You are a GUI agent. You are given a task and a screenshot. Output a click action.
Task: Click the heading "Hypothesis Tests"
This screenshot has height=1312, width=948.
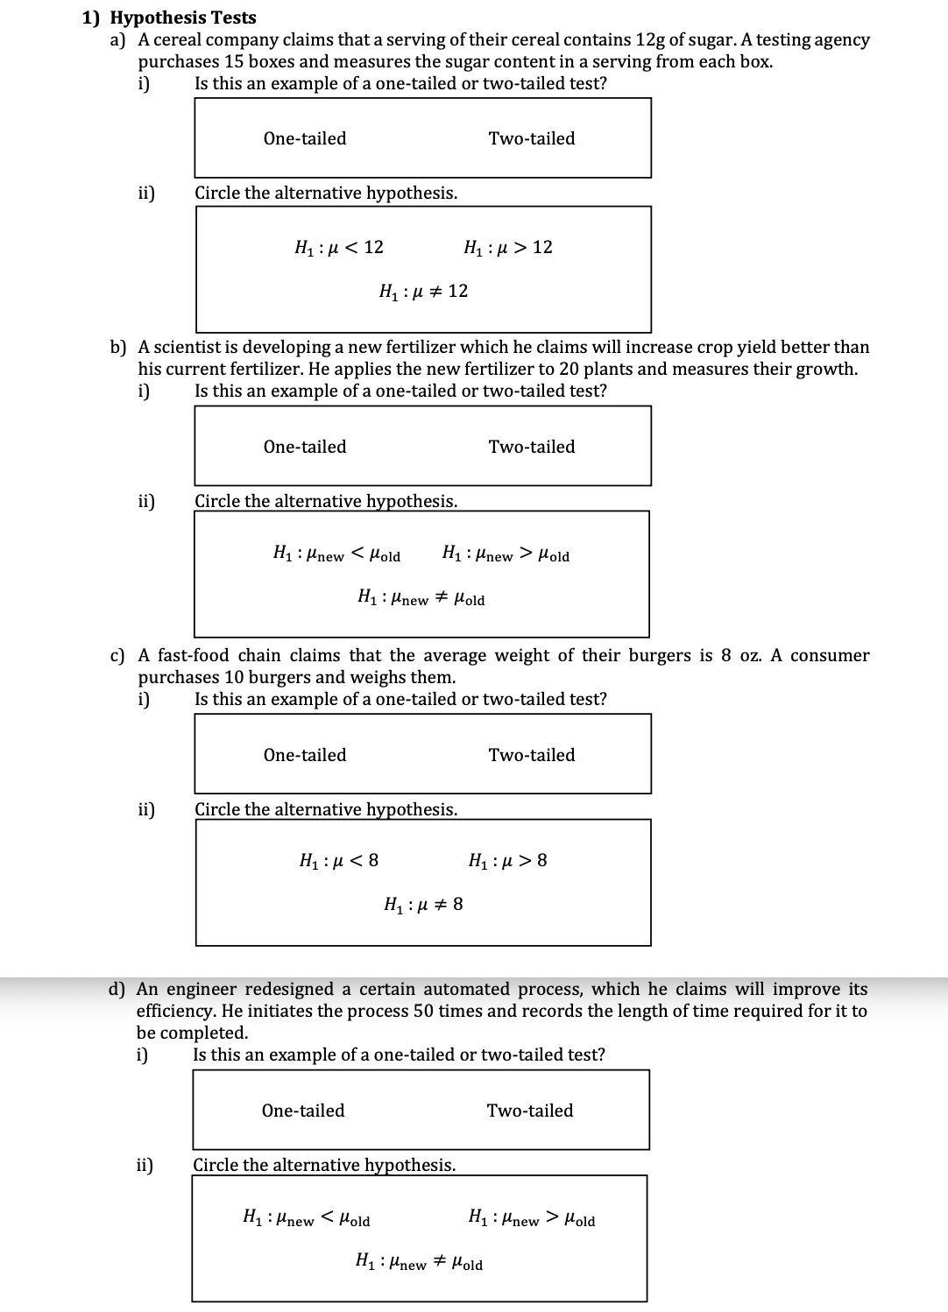click(184, 18)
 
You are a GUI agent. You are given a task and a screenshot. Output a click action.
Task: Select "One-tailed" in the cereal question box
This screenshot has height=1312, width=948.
click(305, 138)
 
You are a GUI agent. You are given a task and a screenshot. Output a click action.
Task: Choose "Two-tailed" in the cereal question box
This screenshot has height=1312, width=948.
click(532, 138)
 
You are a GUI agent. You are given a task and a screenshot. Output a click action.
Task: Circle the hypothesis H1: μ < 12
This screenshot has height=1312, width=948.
click(339, 248)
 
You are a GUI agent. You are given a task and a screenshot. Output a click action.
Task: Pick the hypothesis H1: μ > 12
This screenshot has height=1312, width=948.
click(508, 248)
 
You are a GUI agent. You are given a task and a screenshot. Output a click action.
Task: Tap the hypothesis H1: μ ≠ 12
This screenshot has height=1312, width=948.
click(423, 292)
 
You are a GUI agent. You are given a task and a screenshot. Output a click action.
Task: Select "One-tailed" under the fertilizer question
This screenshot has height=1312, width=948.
click(305, 447)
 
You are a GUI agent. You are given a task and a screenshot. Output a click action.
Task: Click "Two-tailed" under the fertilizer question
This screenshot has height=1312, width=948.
click(532, 447)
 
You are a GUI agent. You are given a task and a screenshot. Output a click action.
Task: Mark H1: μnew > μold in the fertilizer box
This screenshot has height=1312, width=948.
click(506, 555)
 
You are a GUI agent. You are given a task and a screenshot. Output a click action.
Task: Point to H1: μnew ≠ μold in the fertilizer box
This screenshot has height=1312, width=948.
click(421, 599)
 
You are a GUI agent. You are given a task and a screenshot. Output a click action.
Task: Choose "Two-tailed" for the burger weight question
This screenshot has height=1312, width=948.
click(532, 755)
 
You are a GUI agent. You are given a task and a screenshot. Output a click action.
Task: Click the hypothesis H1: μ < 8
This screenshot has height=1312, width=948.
click(339, 861)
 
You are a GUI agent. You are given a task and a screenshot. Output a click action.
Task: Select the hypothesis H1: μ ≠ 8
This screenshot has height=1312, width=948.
click(424, 905)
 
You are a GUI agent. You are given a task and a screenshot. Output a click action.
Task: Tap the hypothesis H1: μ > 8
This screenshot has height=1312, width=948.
click(508, 861)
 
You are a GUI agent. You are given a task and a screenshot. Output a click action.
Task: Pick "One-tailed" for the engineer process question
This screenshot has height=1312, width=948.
click(303, 1111)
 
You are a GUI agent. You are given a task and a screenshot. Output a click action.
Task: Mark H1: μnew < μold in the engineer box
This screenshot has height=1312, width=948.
click(306, 1219)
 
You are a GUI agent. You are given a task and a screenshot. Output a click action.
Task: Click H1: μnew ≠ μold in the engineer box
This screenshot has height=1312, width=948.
click(419, 1263)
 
